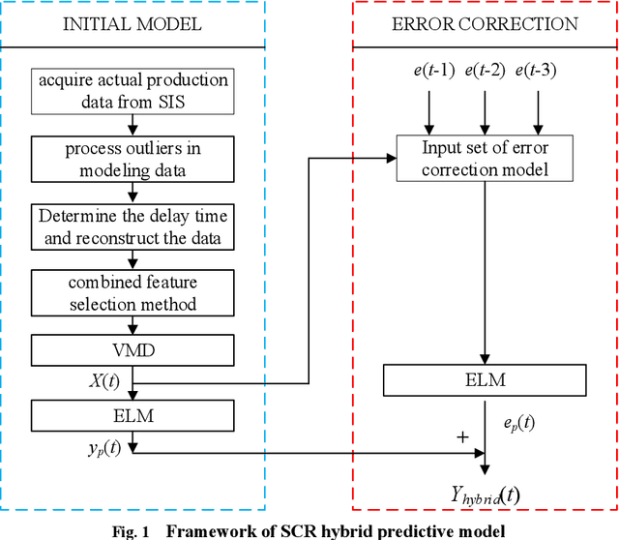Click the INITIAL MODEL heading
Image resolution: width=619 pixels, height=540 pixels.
coord(133,23)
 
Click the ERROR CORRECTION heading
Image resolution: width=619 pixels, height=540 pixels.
coord(485,23)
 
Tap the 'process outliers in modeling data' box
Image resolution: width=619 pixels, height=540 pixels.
coord(132,160)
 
